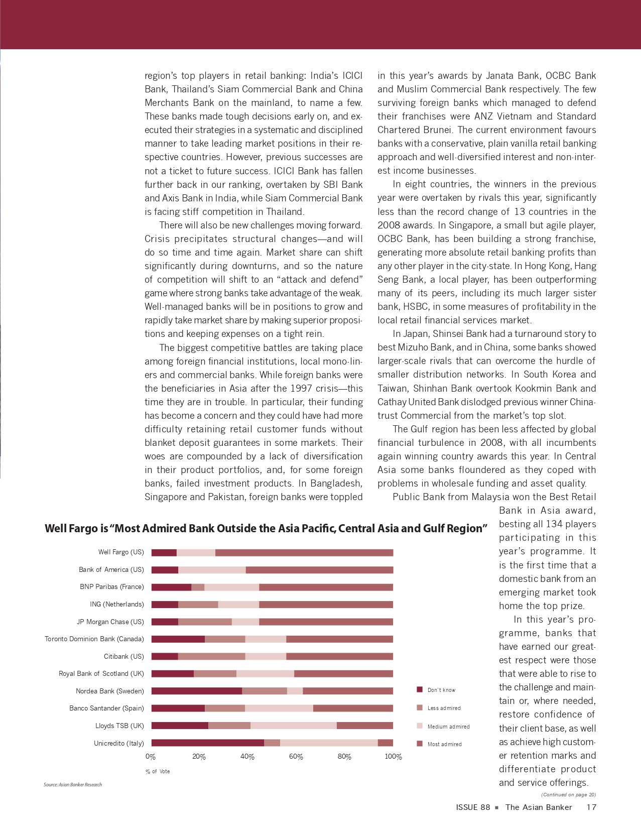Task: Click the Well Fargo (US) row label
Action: [x=121, y=552]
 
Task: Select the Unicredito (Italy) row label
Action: [x=119, y=743]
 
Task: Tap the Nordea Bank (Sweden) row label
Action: [x=110, y=691]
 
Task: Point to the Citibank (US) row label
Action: [x=124, y=657]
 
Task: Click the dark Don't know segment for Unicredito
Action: [x=207, y=743]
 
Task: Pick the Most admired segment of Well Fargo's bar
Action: [x=304, y=553]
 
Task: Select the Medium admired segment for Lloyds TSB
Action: [x=294, y=726]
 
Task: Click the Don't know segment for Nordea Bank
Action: [x=196, y=691]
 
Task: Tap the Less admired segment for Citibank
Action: [x=211, y=656]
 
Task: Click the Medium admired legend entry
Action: [x=448, y=727]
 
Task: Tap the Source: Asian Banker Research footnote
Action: [x=73, y=785]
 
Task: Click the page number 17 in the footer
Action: [x=591, y=807]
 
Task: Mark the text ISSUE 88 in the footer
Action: [x=473, y=807]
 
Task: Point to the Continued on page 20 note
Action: [x=568, y=795]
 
